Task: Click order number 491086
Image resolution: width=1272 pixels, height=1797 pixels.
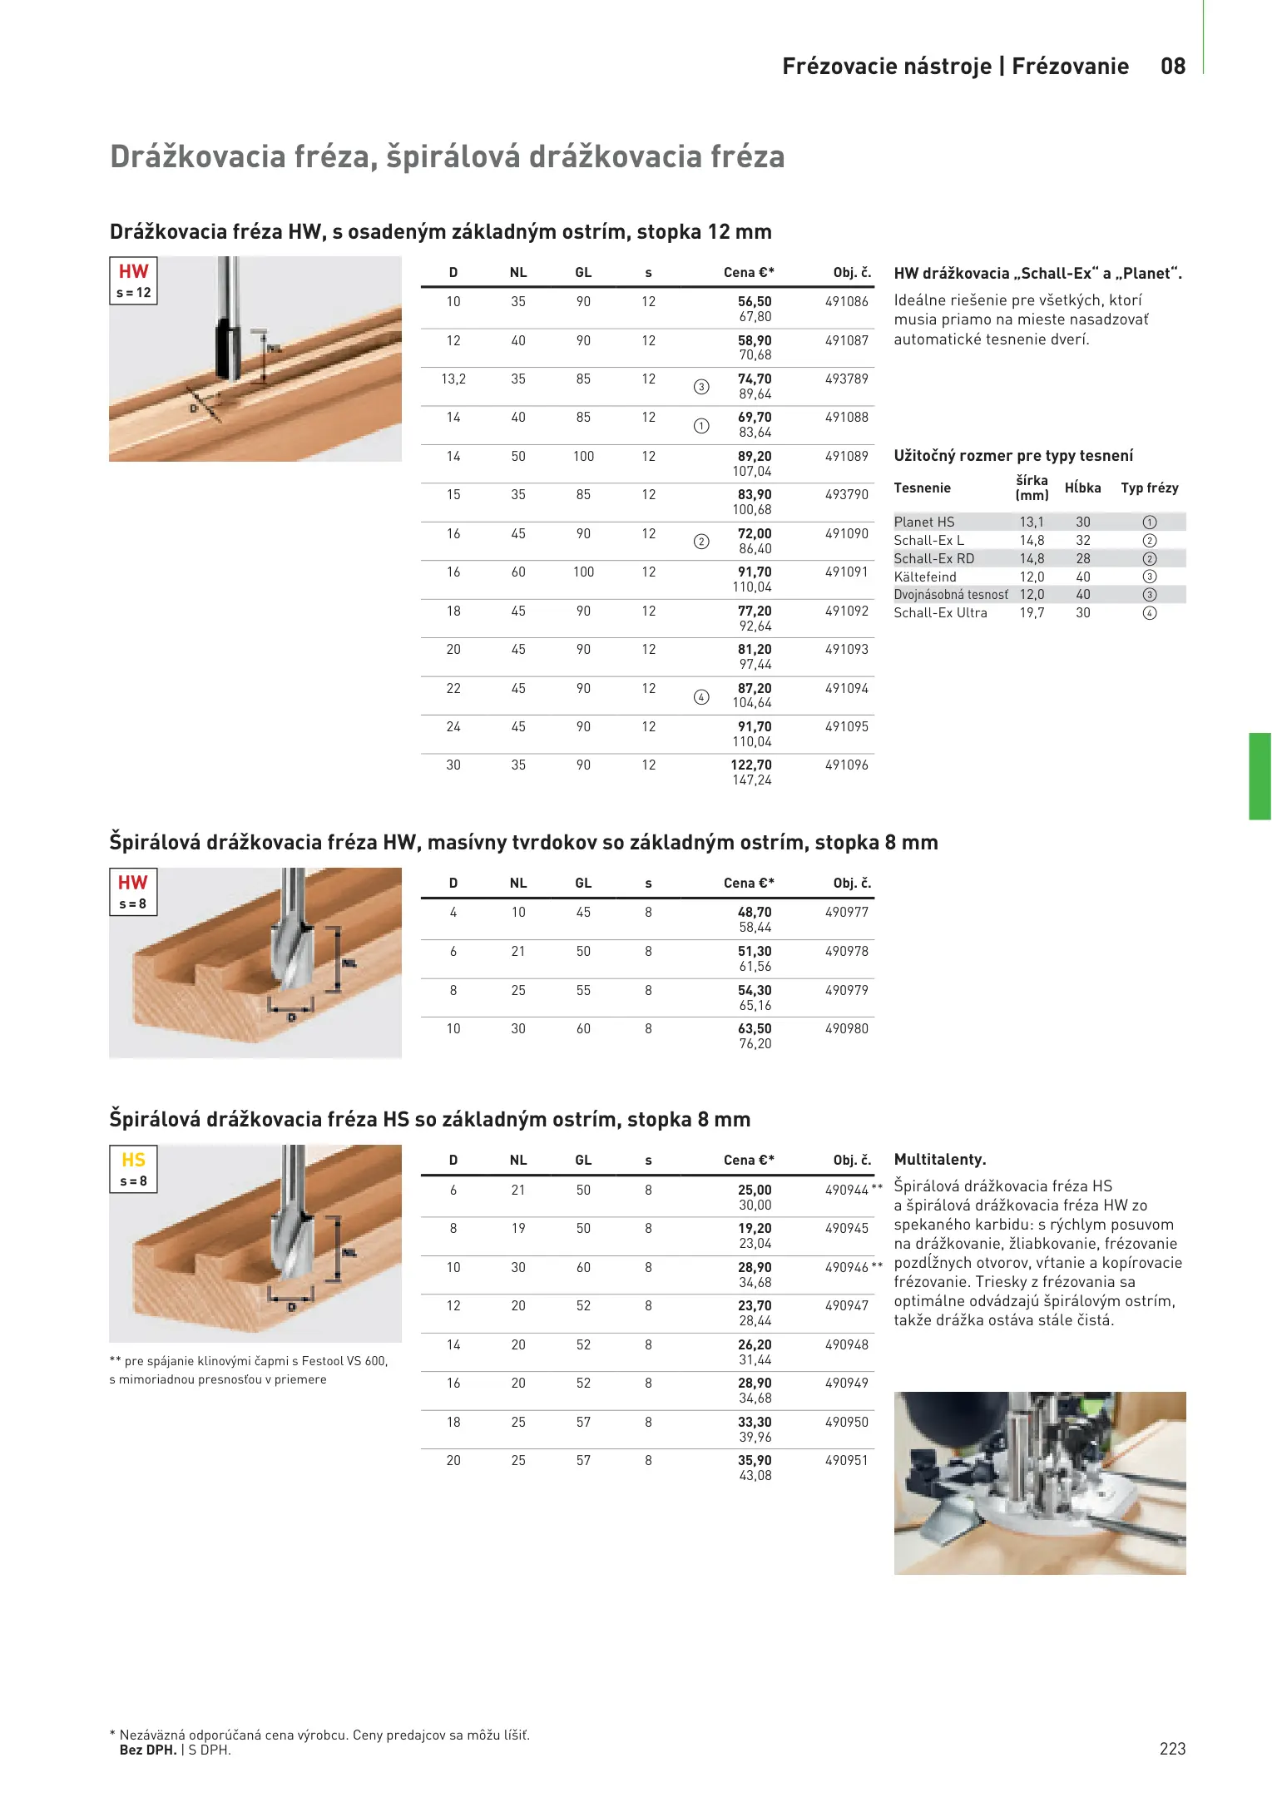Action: pos(846,302)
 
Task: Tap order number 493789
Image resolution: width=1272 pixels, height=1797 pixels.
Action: pos(846,379)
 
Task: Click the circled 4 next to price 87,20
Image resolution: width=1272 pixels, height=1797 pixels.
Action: pos(701,697)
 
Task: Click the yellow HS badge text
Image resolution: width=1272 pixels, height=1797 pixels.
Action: pos(133,1160)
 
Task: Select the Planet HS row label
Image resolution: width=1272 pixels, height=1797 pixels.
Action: pos(923,522)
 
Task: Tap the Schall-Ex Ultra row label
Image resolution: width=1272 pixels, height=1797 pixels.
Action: pos(940,613)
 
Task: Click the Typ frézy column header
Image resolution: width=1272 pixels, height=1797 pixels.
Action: pos(1149,488)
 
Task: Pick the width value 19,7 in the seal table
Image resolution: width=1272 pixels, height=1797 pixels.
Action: pos(1032,613)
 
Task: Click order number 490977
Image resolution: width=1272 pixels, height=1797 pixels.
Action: pos(846,913)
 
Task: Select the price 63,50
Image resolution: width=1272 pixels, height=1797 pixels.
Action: pos(754,1029)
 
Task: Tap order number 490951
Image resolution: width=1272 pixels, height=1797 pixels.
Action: pos(846,1461)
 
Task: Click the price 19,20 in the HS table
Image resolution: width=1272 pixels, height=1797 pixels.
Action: pos(754,1229)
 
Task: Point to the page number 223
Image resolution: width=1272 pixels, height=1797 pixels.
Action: pos(1172,1749)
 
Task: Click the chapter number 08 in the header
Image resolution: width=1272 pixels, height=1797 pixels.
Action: pos(1173,67)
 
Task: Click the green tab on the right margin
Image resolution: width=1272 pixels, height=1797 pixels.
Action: pos(1260,776)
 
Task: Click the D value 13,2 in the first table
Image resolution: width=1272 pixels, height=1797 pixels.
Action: pos(453,379)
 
